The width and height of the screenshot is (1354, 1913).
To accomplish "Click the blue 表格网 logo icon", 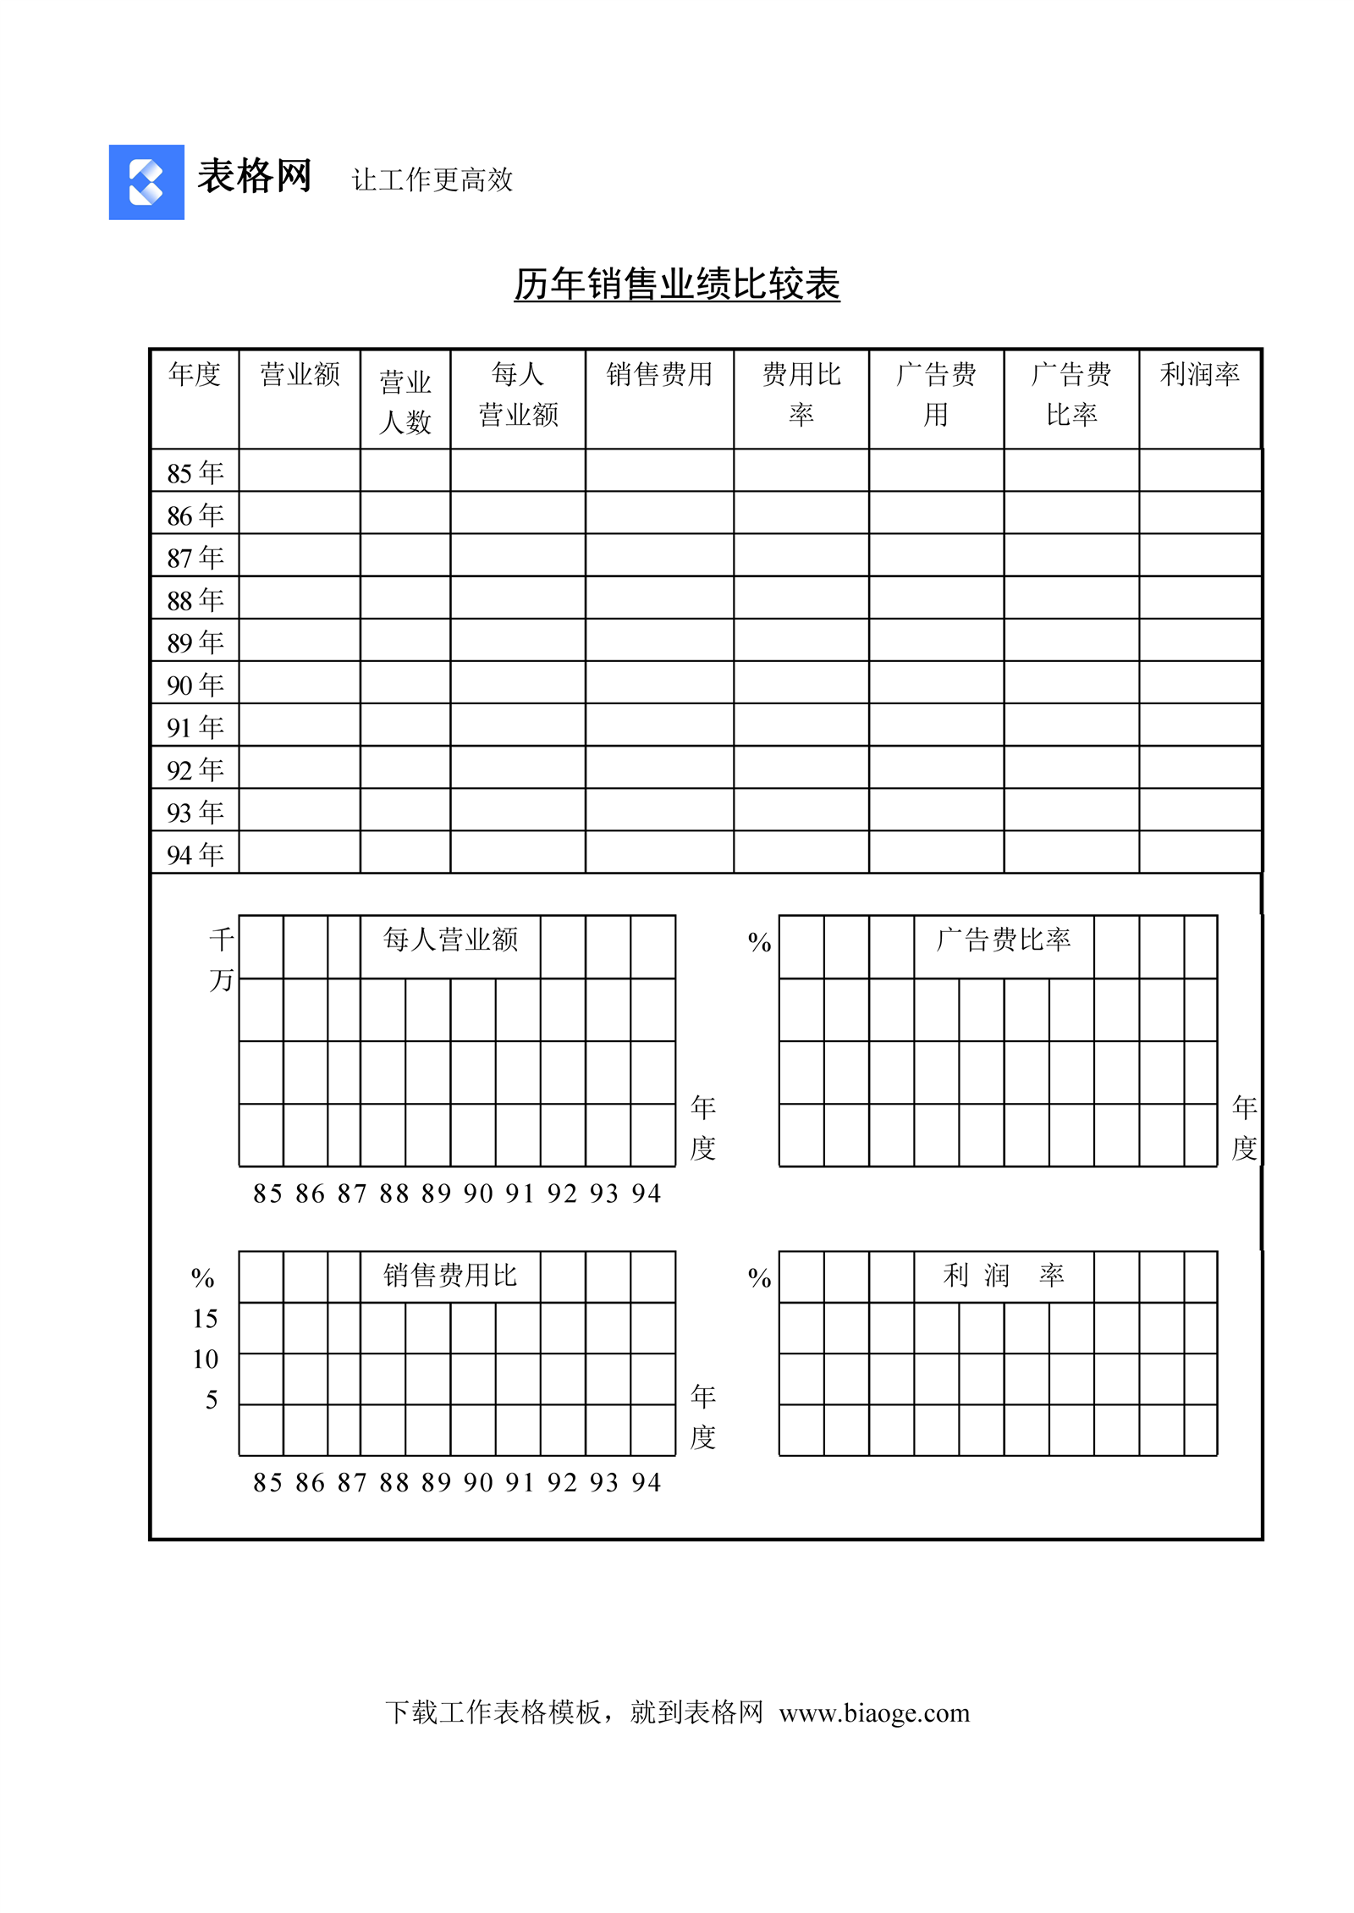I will coord(146,182).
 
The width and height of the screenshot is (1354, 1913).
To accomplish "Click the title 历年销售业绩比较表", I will coord(676,284).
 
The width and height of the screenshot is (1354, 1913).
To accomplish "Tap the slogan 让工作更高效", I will coord(432,179).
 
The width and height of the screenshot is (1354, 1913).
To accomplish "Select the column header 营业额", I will coord(300,374).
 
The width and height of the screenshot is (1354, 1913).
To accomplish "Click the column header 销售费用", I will coord(659,374).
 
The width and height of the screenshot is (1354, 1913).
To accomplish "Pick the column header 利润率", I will coord(1199,374).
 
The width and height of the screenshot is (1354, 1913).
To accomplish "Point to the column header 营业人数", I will coord(405,401).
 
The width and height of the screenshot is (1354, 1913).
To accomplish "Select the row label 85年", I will coord(195,472).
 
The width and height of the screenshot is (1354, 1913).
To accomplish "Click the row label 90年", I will coord(195,684).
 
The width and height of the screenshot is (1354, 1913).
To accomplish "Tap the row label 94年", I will coord(195,854).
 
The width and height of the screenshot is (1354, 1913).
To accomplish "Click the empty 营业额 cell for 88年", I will coord(300,598).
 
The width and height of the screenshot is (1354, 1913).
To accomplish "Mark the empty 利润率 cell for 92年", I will coord(1199,767).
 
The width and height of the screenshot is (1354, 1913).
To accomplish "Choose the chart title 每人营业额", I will coord(450,940).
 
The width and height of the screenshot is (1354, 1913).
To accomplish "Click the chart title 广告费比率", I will coord(1004,940).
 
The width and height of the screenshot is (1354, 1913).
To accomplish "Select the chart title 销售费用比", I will coord(450,1275).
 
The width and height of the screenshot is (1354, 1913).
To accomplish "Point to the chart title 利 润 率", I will coord(1004,1275).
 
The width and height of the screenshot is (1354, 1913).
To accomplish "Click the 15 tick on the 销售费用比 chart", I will coord(205,1319).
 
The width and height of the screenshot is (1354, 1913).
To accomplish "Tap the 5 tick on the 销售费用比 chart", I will coord(212,1400).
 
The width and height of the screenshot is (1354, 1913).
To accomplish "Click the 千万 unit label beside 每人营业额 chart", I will coord(221,959).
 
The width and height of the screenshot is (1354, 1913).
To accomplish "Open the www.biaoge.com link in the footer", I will coord(874,1713).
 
